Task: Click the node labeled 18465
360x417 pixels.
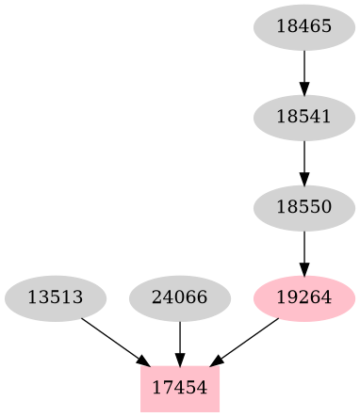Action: click(x=303, y=26)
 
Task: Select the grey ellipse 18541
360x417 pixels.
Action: click(x=303, y=118)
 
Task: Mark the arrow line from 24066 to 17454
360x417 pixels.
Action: click(x=179, y=339)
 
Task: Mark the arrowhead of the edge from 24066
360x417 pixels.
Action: click(x=179, y=361)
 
